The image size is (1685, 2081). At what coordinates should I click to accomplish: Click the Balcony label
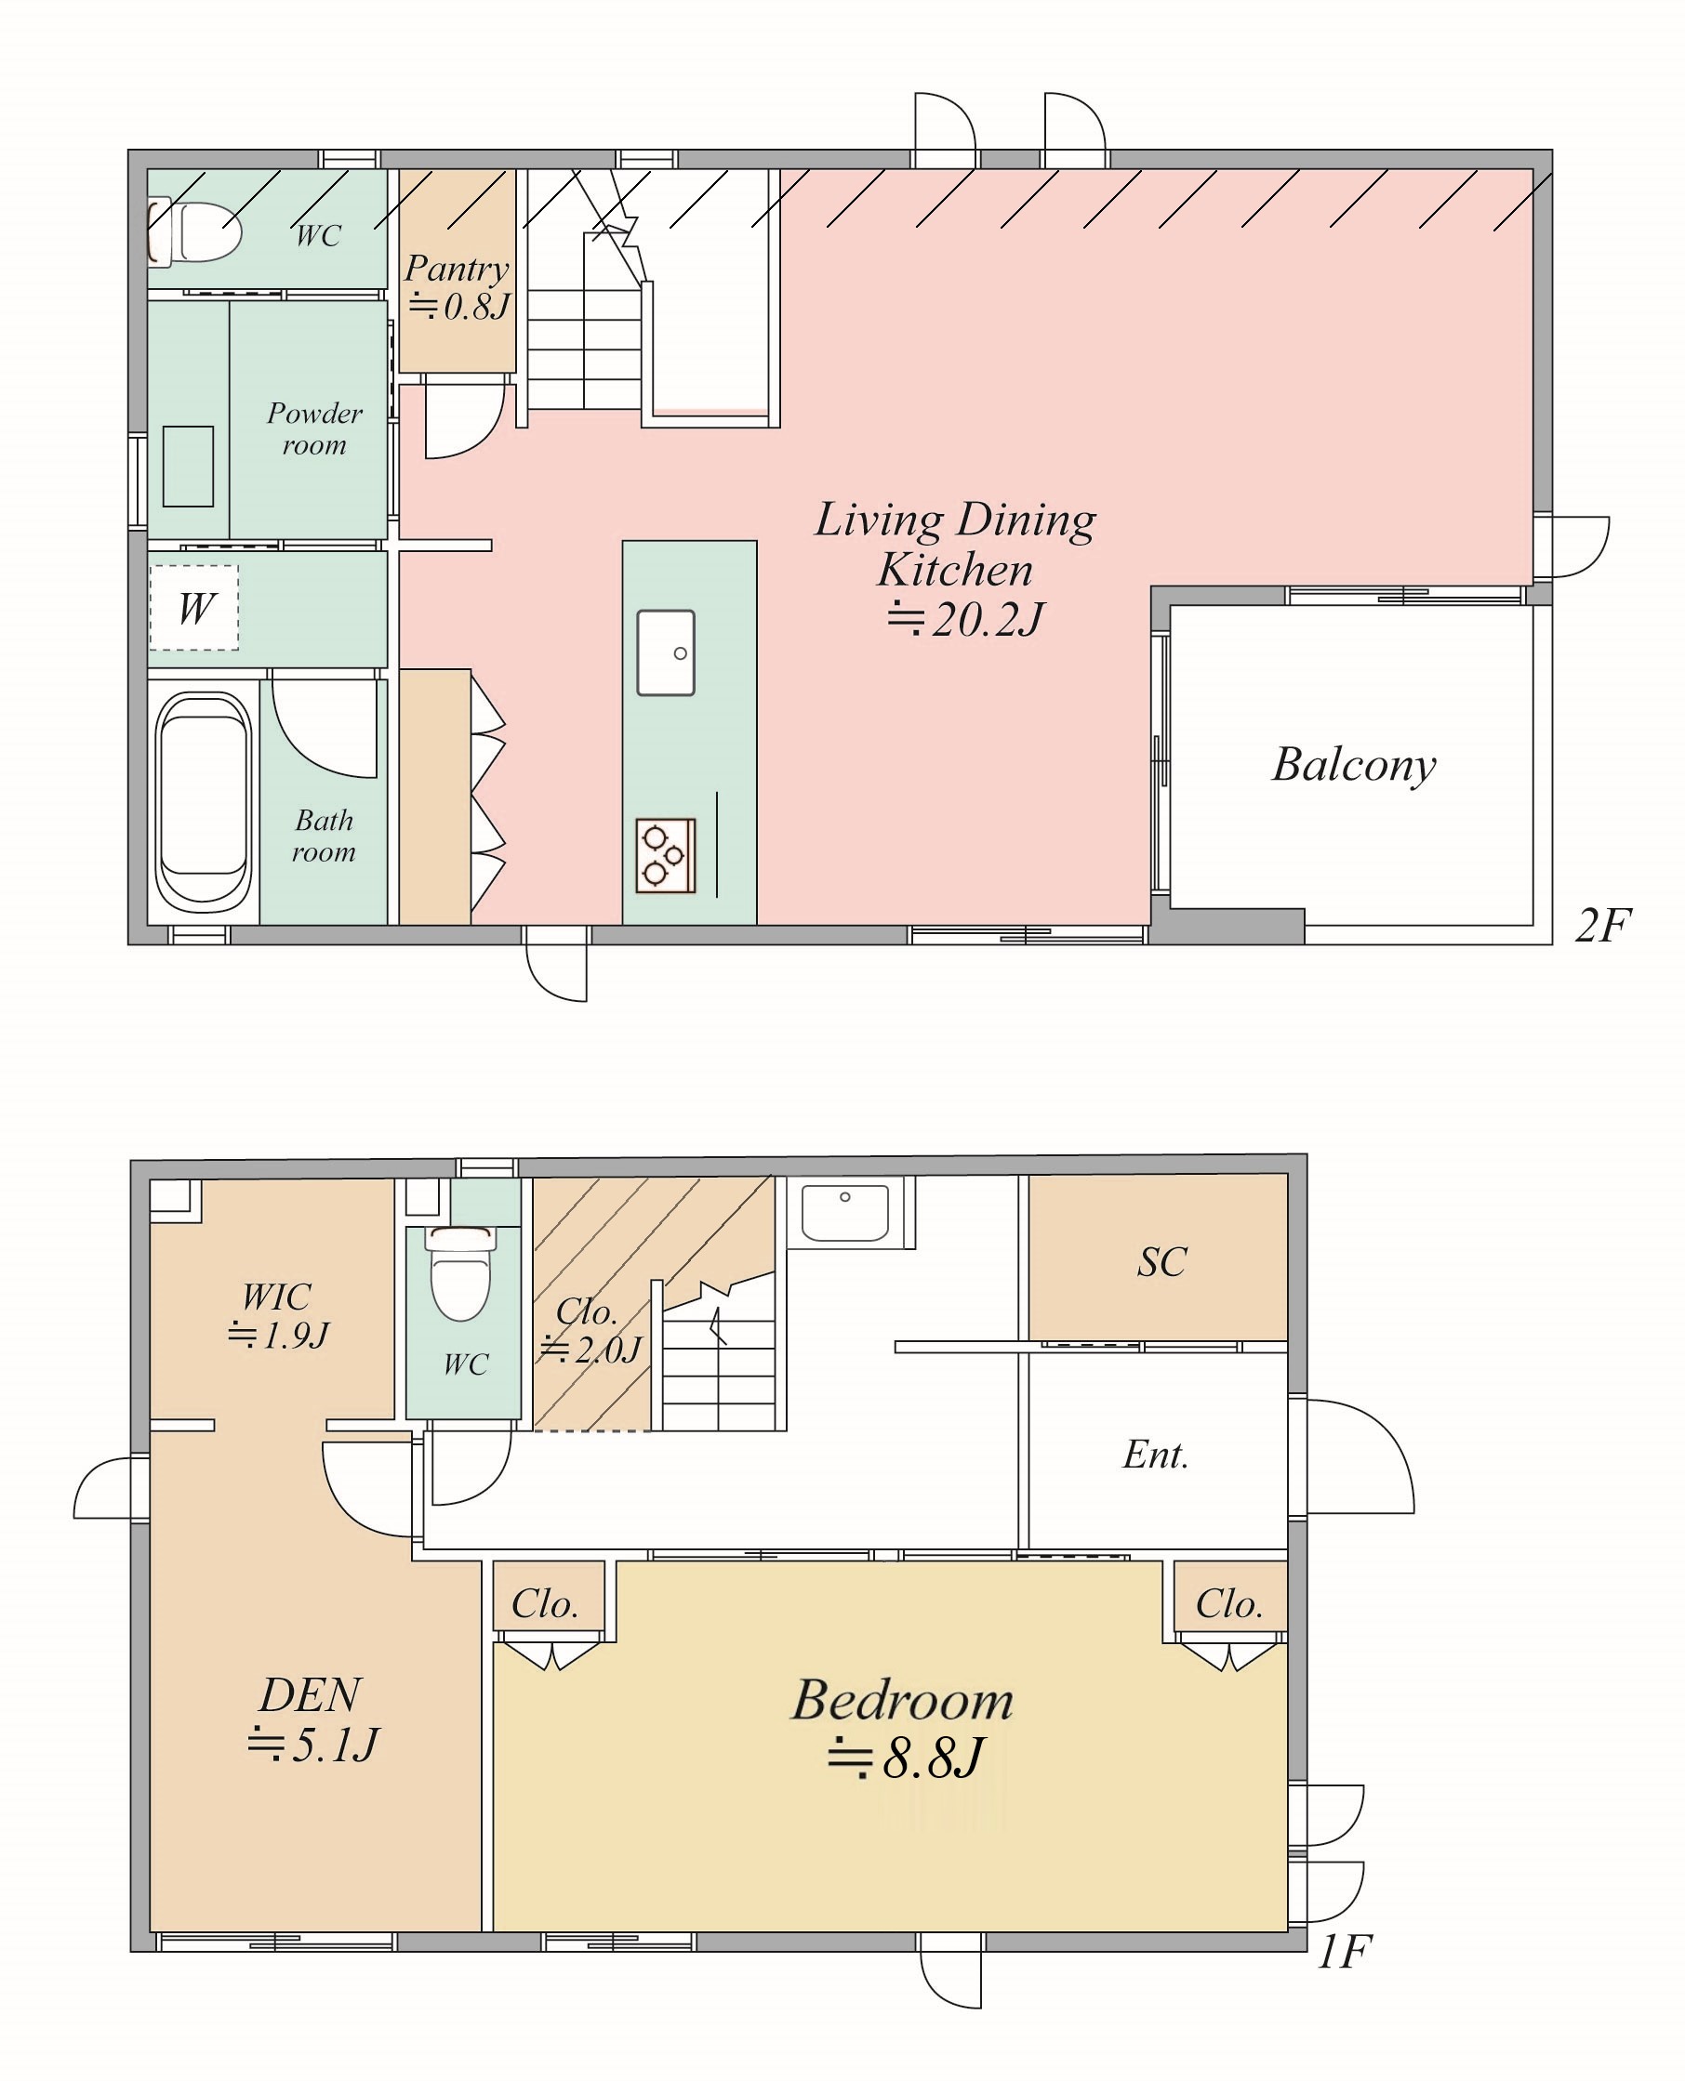(x=1354, y=766)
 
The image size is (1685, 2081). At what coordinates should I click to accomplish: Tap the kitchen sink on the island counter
(x=666, y=652)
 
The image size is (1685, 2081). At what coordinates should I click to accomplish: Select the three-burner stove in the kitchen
(x=666, y=856)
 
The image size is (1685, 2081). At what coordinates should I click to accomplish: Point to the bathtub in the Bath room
(x=204, y=802)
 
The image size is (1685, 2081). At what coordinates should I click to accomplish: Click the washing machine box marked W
(x=194, y=608)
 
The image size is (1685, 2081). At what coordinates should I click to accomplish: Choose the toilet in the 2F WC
(x=194, y=230)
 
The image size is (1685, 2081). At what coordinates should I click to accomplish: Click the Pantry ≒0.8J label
(x=458, y=287)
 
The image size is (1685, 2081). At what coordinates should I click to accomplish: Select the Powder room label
(x=314, y=428)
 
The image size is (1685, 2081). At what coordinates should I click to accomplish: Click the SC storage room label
(x=1161, y=1262)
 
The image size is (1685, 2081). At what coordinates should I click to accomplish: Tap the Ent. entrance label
(x=1156, y=1455)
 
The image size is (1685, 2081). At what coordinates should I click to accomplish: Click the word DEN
(x=311, y=1695)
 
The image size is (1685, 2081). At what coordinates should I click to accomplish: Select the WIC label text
(x=276, y=1297)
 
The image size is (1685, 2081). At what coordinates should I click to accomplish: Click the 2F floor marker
(x=1602, y=926)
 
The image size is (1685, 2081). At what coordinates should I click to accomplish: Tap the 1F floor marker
(x=1344, y=1951)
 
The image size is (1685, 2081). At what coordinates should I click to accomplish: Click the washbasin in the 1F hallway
(x=844, y=1212)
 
